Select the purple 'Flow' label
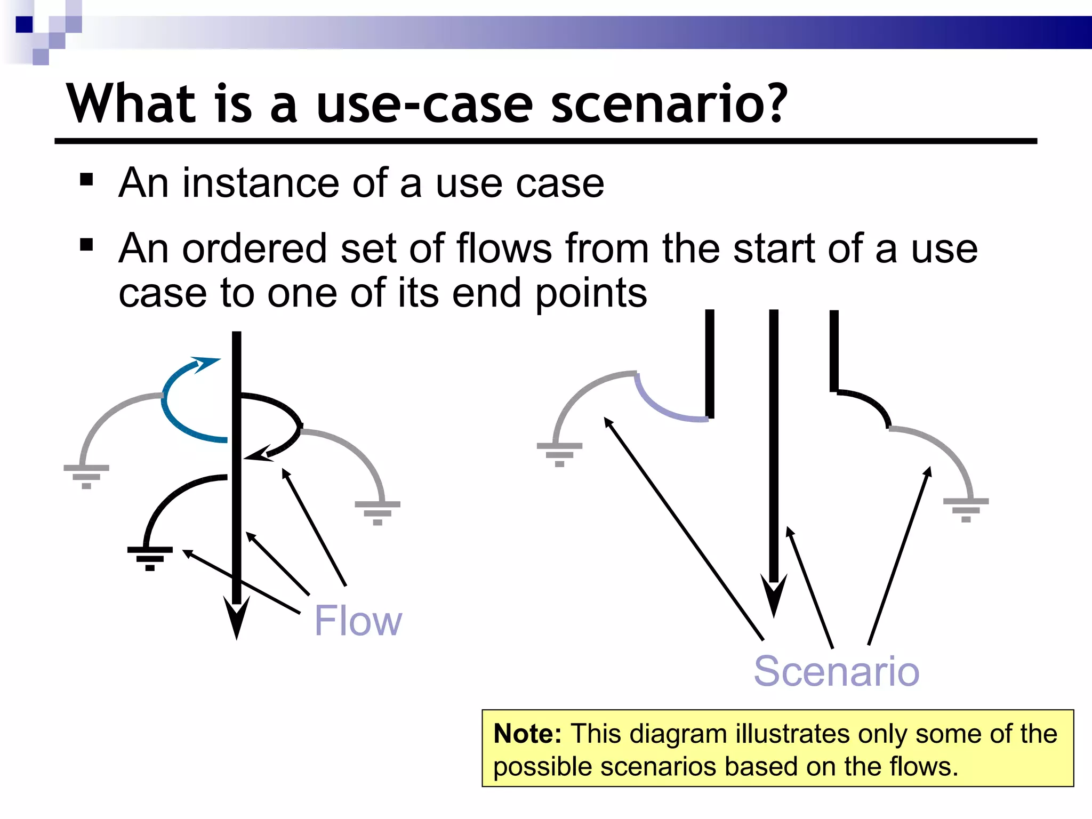click(358, 621)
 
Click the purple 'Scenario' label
click(836, 671)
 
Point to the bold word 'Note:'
click(527, 734)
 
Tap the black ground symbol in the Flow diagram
click(150, 558)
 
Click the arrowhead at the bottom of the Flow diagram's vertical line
click(236, 619)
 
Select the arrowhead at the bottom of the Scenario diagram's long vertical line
click(774, 597)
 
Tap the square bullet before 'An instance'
click(86, 179)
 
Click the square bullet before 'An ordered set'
click(86, 245)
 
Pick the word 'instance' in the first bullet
click(260, 183)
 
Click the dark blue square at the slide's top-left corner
click(24, 25)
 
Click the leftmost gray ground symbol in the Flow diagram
click(86, 476)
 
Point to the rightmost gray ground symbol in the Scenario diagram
click(966, 509)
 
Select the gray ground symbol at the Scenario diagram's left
click(559, 454)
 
